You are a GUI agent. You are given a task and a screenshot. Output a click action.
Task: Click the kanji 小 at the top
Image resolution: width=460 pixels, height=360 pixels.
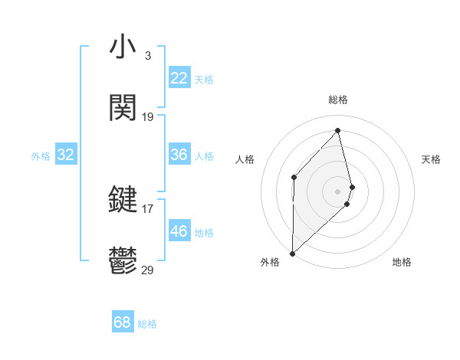(123, 48)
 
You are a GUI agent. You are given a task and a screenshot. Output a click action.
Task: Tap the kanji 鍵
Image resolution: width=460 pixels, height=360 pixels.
(123, 201)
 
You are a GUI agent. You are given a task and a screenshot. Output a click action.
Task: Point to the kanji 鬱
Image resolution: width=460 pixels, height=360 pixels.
(123, 261)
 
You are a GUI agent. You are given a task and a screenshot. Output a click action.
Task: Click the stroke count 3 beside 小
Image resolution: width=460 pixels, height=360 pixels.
(147, 56)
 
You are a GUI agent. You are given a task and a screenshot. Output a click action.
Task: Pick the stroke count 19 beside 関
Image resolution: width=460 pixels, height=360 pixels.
(148, 117)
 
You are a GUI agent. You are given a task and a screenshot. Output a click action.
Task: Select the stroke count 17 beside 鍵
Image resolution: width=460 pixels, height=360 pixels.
(148, 208)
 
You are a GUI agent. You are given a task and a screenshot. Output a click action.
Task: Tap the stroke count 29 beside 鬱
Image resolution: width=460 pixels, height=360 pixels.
(148, 269)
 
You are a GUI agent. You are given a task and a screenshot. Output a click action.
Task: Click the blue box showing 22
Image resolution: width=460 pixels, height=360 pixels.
(179, 78)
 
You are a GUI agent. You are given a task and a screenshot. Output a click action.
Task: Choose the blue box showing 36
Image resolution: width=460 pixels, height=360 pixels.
(179, 155)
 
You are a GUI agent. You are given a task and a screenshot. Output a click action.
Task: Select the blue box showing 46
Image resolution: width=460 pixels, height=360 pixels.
(179, 231)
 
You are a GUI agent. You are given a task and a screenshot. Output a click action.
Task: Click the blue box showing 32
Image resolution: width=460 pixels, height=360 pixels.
(66, 155)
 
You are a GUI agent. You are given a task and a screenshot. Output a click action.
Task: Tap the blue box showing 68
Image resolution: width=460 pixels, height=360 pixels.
(123, 322)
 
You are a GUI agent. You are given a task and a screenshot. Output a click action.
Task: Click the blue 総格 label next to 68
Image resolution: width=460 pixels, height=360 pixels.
(148, 324)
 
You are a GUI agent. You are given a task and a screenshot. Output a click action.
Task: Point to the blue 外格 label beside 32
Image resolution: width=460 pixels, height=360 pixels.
(41, 156)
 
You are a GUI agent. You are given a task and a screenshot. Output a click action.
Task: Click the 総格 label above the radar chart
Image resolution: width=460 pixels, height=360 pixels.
(338, 100)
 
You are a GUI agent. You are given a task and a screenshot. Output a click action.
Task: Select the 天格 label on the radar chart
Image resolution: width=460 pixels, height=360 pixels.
(432, 159)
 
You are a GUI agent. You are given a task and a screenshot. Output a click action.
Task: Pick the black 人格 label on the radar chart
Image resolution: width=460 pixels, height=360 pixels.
(245, 159)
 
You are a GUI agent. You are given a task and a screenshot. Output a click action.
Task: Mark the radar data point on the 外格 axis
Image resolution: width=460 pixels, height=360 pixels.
(292, 252)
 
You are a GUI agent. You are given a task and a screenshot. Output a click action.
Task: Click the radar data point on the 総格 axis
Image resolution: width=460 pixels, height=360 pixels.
(338, 131)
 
